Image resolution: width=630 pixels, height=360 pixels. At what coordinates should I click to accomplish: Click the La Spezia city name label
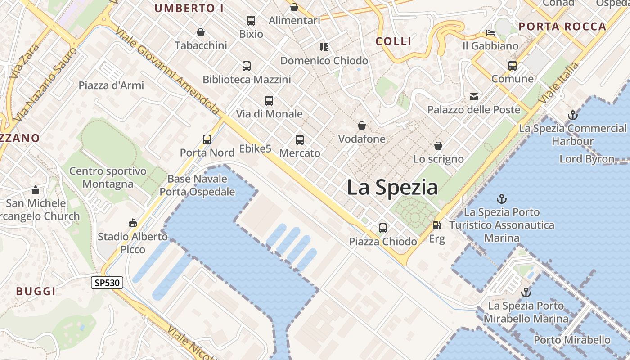click(392, 187)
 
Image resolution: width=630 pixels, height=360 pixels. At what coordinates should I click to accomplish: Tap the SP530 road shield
click(107, 283)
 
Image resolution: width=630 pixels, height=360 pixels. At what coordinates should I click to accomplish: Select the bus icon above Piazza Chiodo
click(382, 228)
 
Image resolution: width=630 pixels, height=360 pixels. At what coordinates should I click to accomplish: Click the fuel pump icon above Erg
click(436, 225)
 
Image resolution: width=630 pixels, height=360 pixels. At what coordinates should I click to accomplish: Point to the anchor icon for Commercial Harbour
click(572, 115)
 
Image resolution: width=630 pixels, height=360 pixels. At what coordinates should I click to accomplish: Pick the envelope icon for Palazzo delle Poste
click(474, 96)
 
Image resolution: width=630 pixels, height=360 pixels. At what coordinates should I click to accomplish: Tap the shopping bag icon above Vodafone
click(361, 126)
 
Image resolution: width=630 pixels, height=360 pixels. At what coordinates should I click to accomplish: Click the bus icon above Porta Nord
click(207, 139)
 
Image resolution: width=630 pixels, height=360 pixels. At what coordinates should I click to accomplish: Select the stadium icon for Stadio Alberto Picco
click(132, 223)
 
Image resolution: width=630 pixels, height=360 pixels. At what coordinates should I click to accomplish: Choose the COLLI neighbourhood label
click(394, 41)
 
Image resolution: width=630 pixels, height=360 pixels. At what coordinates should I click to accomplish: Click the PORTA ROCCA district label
click(562, 27)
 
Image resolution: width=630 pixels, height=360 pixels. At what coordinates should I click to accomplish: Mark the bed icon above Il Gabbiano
click(490, 33)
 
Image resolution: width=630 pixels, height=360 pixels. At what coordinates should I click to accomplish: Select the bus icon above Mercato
click(300, 140)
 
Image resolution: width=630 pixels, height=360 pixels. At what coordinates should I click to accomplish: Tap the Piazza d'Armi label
click(111, 85)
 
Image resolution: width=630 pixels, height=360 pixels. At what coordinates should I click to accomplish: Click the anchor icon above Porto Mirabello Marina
click(526, 293)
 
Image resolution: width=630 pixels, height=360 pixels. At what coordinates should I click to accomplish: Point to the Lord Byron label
click(586, 159)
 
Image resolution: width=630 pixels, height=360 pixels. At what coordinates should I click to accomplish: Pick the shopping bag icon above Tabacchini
click(201, 33)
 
